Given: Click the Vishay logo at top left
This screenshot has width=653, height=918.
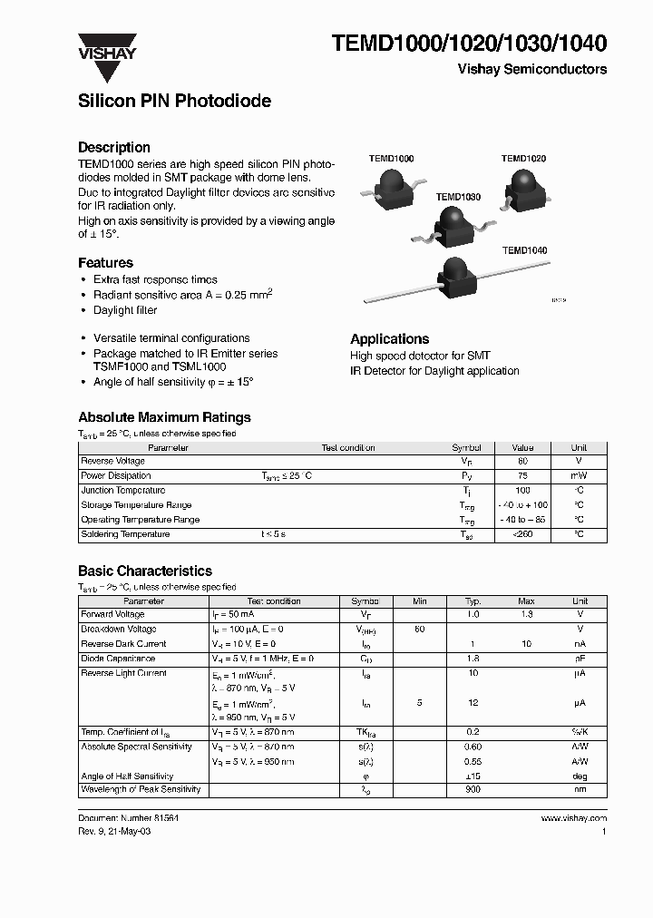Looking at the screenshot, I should [106, 46].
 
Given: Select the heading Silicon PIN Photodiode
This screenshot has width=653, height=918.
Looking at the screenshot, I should [174, 102].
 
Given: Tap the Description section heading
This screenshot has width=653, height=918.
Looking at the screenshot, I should [114, 147].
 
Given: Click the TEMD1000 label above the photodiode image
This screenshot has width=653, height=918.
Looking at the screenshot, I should [391, 159].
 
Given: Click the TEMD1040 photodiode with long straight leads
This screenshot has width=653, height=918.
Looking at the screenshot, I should [453, 277].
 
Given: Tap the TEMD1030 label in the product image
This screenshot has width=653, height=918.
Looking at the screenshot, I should [458, 197].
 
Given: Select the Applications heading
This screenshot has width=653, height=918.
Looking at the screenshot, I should [389, 338].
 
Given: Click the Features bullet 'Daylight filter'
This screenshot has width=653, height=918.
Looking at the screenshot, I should [125, 310].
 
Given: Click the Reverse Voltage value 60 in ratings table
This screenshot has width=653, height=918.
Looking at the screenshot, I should [522, 461].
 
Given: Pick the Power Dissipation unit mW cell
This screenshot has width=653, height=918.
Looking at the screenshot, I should [579, 475].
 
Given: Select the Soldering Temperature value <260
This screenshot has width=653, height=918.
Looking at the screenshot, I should [522, 534].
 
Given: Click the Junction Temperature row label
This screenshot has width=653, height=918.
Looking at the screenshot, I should [123, 490].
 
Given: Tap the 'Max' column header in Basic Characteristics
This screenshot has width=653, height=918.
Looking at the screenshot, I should [526, 601].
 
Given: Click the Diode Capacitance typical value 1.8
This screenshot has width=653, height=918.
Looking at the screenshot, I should [473, 659].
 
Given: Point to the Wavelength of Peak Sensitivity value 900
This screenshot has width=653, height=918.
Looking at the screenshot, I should [473, 790].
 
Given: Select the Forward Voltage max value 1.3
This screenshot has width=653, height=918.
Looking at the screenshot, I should [526, 614].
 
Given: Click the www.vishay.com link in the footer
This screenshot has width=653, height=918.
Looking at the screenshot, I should [573, 818].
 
